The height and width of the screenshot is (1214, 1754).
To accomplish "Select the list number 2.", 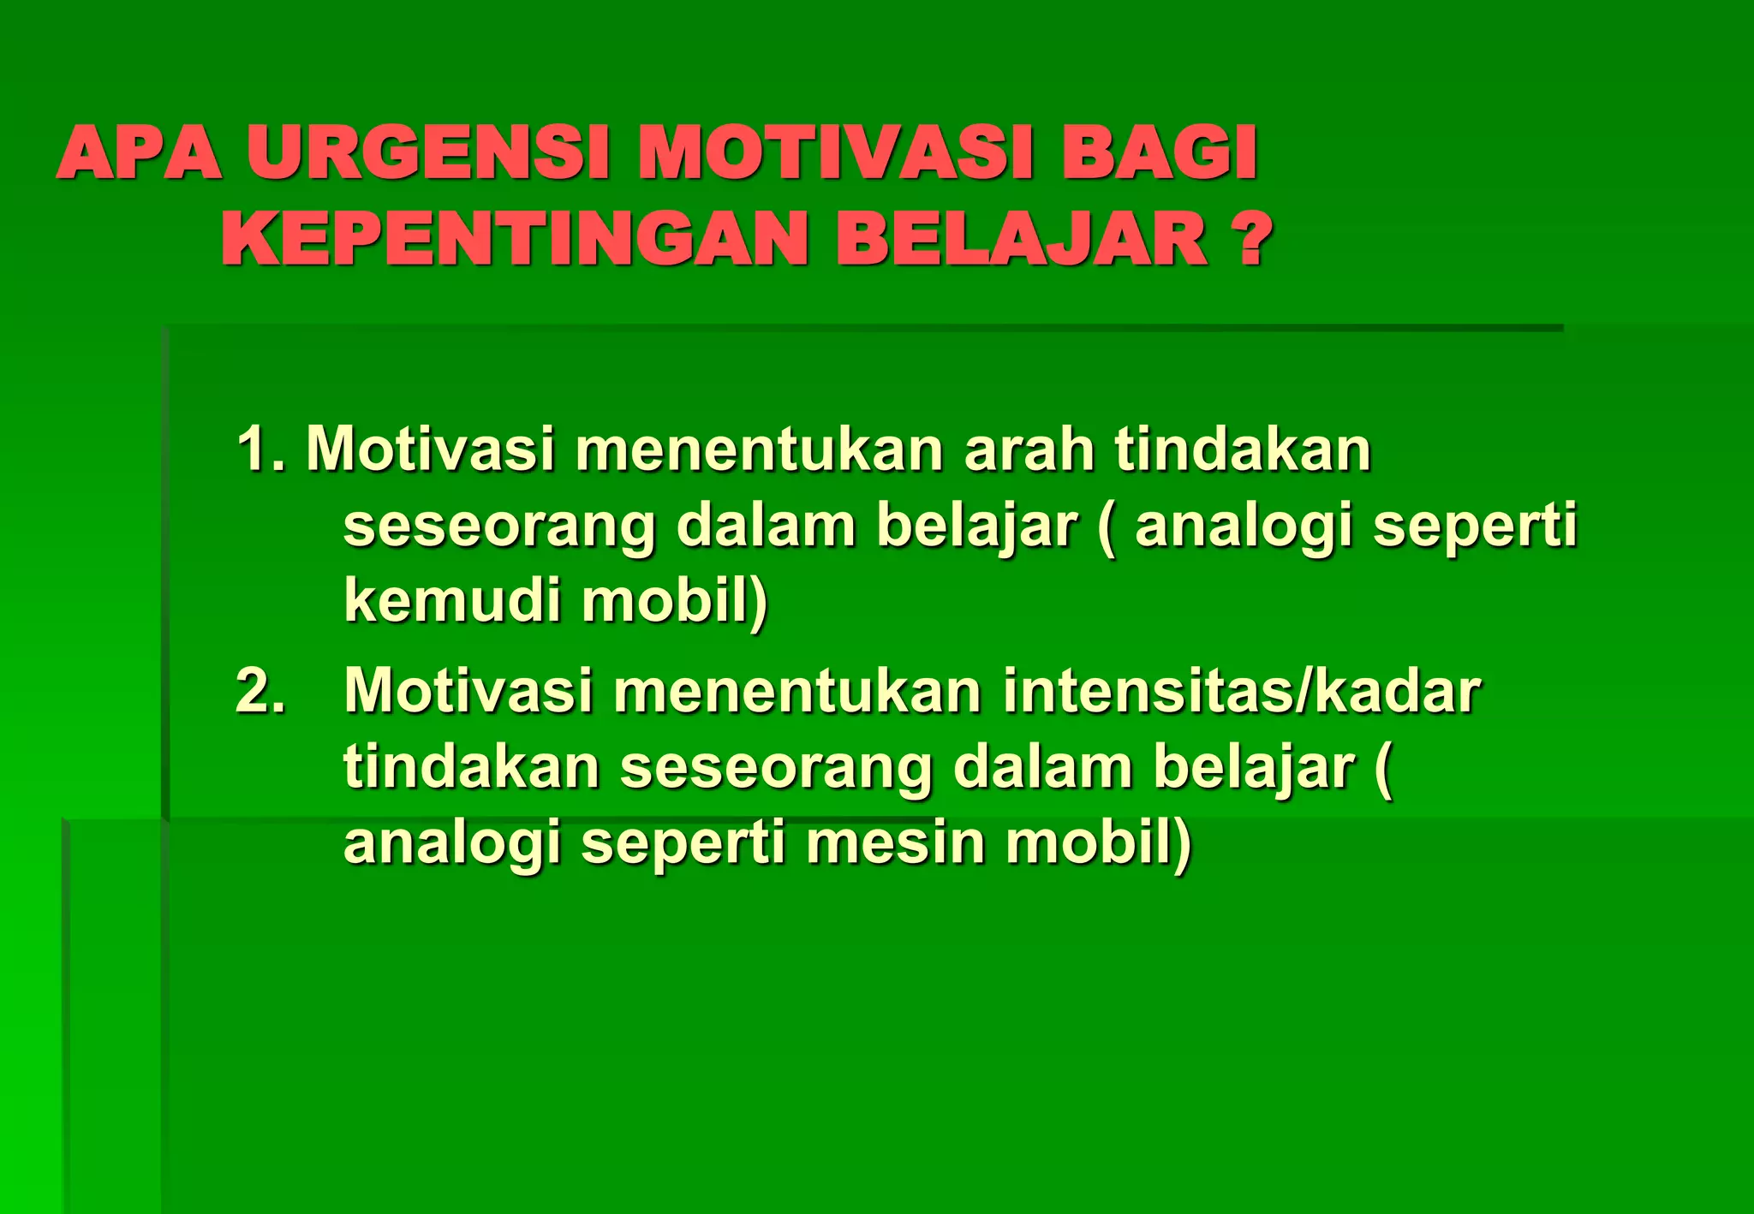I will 259,690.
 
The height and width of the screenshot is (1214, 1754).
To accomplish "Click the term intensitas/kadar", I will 1241,690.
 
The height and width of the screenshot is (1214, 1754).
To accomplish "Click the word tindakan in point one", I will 1243,449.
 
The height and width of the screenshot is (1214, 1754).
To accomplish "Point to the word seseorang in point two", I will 776,767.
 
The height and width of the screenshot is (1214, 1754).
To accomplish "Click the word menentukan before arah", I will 759,449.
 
